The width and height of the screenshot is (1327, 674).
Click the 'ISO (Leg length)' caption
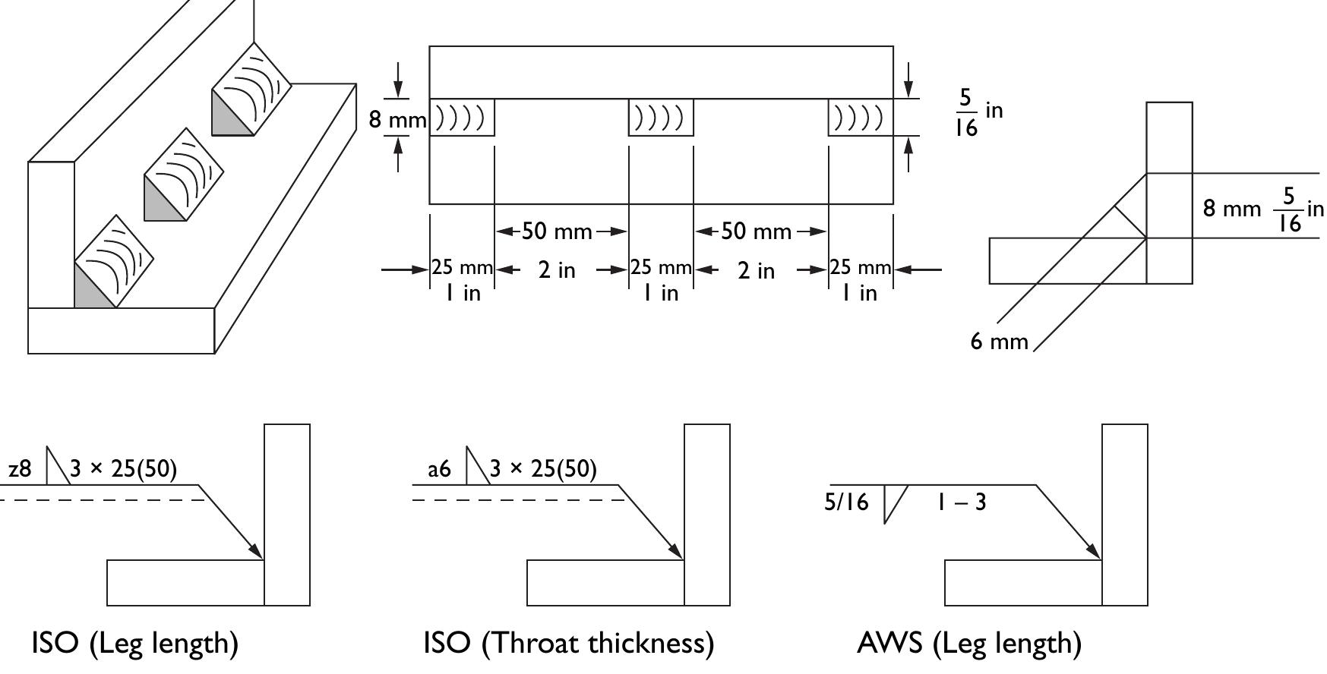(134, 643)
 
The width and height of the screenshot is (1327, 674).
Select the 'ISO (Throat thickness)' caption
(568, 643)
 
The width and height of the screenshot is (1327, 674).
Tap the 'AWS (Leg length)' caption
(968, 643)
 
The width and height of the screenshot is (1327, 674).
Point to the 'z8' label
(20, 470)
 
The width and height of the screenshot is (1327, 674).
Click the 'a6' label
(439, 470)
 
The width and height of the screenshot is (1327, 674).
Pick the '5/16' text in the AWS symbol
(846, 502)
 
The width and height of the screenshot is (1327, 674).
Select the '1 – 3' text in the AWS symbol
(961, 502)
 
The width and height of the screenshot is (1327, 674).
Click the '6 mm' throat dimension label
(999, 342)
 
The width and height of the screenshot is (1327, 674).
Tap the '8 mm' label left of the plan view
(397, 119)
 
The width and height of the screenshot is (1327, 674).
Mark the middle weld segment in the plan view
(661, 118)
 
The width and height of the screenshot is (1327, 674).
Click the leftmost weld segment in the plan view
(462, 118)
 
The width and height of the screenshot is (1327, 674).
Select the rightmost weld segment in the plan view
(861, 118)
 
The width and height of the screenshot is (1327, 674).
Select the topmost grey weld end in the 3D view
(228, 118)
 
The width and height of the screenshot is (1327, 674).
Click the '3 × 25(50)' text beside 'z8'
(124, 470)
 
